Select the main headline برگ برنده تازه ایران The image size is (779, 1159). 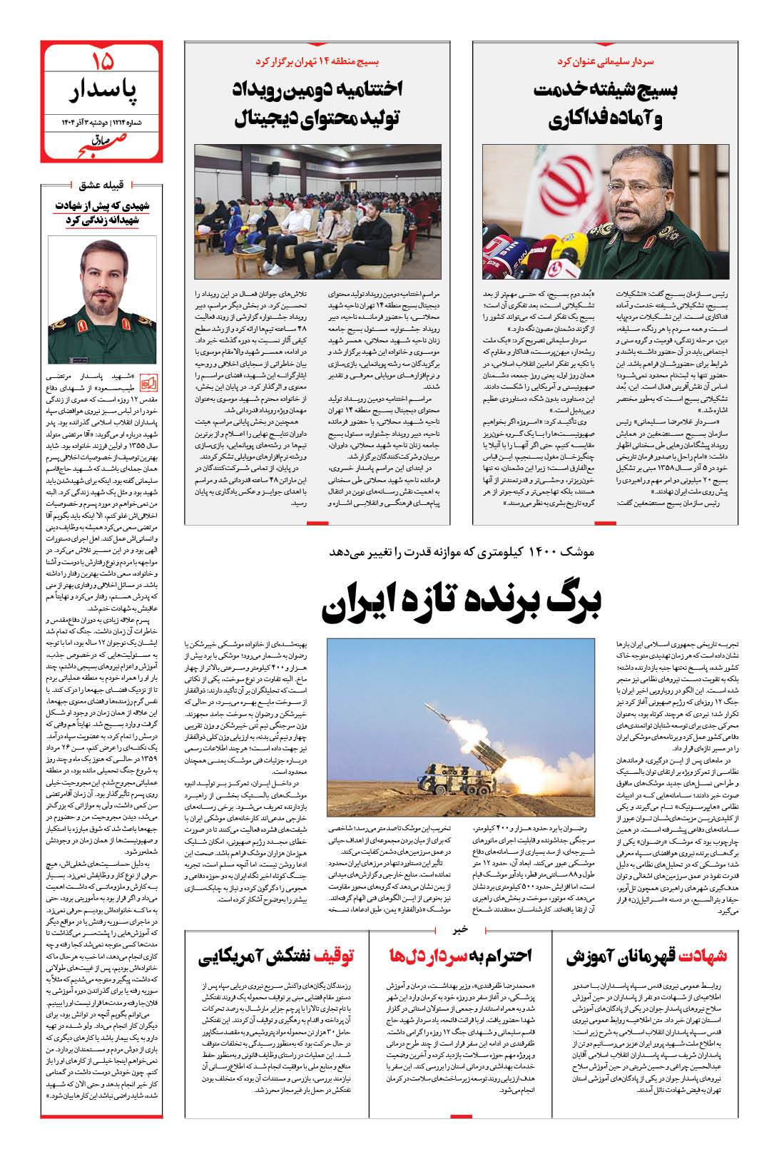(x=462, y=603)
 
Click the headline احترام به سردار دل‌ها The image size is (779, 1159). (x=459, y=957)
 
